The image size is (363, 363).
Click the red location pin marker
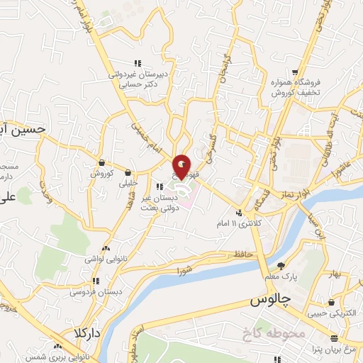tap(183, 167)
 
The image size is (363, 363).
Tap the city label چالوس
tap(271, 301)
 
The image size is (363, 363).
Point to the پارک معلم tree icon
tap(281, 266)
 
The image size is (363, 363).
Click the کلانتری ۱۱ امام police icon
tap(240, 212)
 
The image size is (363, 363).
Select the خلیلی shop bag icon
tap(128, 172)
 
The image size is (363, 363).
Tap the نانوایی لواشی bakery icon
tap(106, 249)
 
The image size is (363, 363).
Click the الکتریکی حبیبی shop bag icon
tap(331, 301)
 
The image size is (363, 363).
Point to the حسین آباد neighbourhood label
tap(21, 130)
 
